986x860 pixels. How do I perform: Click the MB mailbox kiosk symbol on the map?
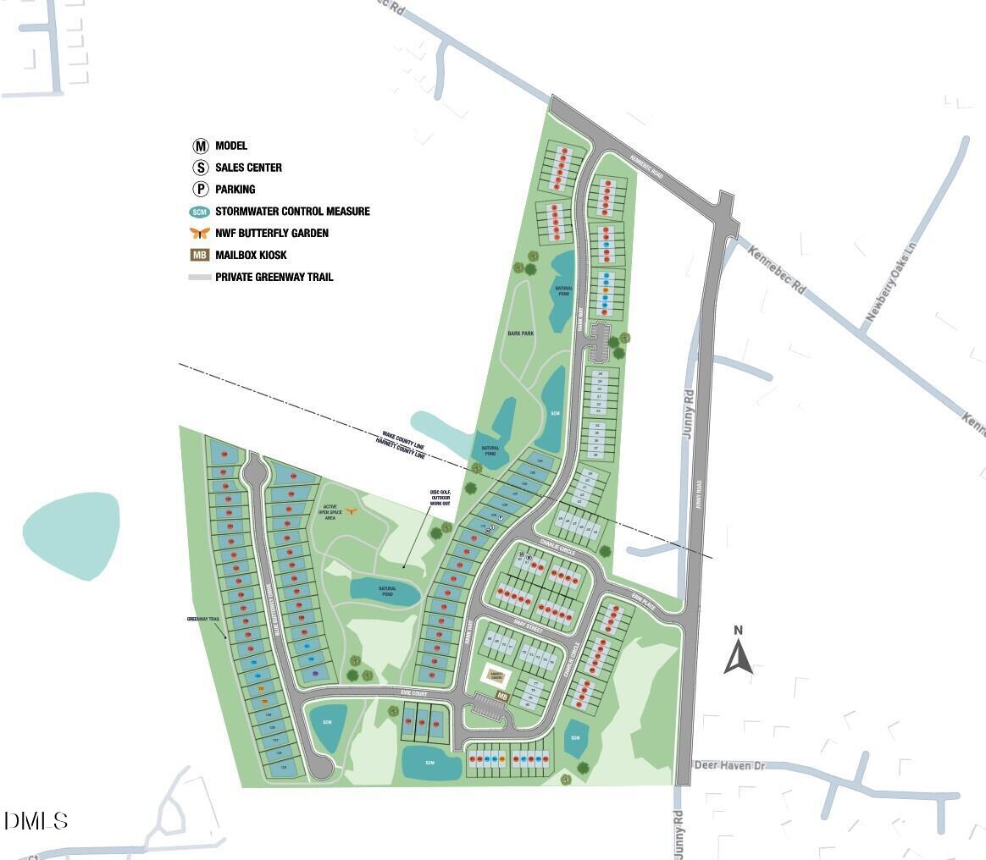pyautogui.click(x=502, y=697)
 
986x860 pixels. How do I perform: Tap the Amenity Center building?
pyautogui.click(x=496, y=675)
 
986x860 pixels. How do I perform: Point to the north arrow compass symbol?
pyautogui.click(x=738, y=652)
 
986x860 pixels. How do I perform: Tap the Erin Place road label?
pyautogui.click(x=650, y=595)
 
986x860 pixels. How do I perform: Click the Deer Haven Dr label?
pyautogui.click(x=729, y=765)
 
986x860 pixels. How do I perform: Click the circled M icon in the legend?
pyautogui.click(x=200, y=146)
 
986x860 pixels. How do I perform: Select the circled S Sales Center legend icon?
pyautogui.click(x=200, y=168)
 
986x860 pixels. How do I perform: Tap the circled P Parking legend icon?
pyautogui.click(x=200, y=190)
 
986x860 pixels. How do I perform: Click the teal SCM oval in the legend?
pyautogui.click(x=200, y=212)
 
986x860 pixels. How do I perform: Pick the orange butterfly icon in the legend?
pyautogui.click(x=200, y=233)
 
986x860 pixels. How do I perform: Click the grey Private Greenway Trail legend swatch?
pyautogui.click(x=200, y=277)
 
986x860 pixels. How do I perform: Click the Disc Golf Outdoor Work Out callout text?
pyautogui.click(x=440, y=497)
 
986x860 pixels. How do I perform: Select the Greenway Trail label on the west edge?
pyautogui.click(x=203, y=619)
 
